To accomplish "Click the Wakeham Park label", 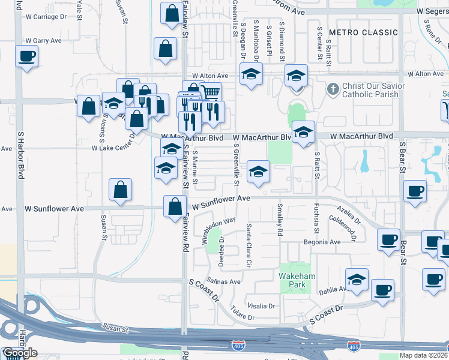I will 294,280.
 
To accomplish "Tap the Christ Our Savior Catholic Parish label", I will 370,91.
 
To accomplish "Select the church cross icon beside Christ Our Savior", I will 333,89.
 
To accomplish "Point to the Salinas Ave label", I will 223,281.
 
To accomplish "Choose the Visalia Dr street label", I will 261,305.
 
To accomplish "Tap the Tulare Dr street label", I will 243,314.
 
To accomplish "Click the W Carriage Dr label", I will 46,17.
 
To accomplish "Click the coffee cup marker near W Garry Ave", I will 26,58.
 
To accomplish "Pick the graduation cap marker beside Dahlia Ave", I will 357,280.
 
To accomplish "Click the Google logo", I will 19,353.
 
